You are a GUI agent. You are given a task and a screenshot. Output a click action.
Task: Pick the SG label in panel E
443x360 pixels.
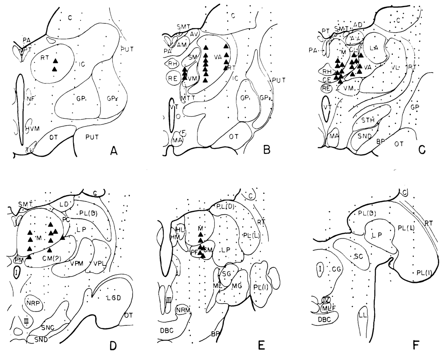(227, 274)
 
